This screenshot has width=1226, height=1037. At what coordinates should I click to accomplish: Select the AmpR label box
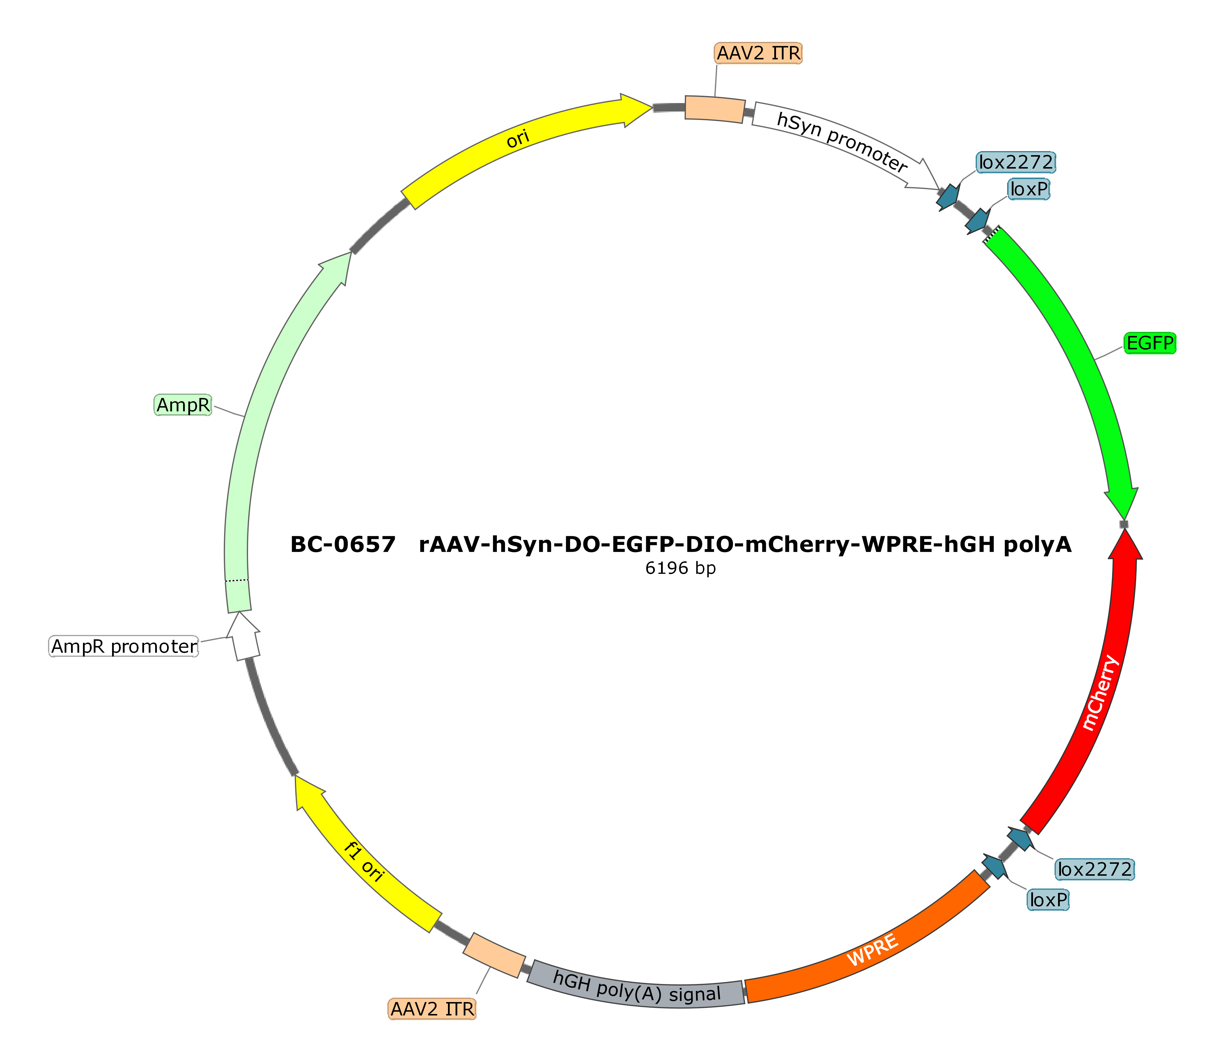183,405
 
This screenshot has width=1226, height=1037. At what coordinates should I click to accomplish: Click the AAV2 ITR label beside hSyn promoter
758,53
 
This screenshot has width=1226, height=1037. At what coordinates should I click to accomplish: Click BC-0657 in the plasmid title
343,544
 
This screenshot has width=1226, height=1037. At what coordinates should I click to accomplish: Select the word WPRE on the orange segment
872,950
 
